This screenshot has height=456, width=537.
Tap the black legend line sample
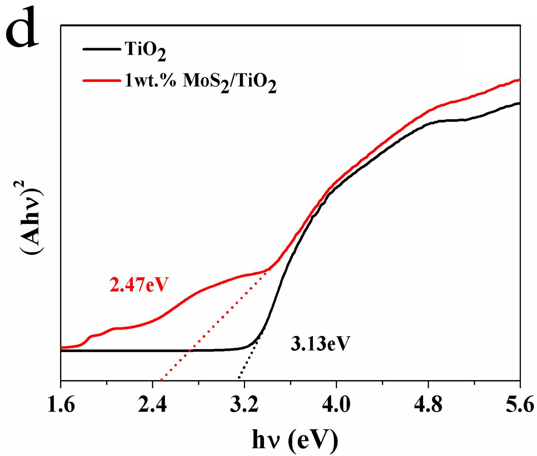(102, 49)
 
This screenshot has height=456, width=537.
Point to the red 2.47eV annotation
(139, 285)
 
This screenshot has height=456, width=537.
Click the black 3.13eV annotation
(320, 344)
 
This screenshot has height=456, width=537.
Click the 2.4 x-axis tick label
(152, 406)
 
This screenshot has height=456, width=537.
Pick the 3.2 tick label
(244, 406)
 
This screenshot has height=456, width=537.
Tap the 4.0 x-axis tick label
(336, 406)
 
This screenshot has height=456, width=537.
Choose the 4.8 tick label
(428, 406)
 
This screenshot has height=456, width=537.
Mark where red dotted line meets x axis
(161, 380)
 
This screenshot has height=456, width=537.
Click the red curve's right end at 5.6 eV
(519, 79)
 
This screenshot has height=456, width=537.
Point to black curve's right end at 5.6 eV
(519, 103)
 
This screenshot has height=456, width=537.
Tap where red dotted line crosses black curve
(190, 350)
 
